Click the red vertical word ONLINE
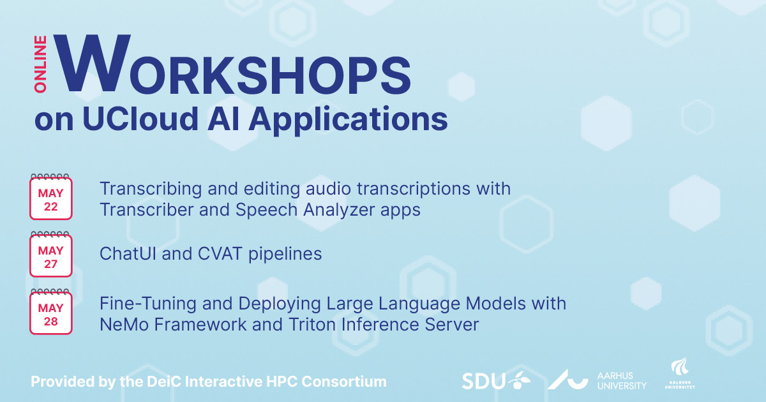click(x=40, y=64)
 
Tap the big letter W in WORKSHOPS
click(x=93, y=63)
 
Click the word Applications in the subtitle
click(x=348, y=121)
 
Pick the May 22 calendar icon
click(x=50, y=197)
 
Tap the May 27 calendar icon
click(x=50, y=255)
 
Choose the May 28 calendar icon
click(x=50, y=312)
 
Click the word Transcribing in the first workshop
click(x=151, y=190)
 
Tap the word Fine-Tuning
click(x=147, y=304)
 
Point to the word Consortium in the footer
click(x=344, y=382)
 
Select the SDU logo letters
click(x=484, y=381)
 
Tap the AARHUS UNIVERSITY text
click(x=622, y=381)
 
